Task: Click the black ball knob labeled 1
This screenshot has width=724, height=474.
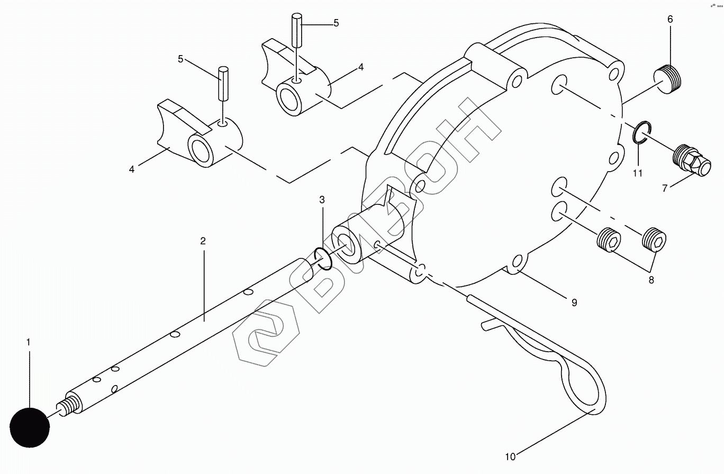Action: tap(29, 427)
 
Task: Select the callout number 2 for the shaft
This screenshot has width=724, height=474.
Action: tap(203, 241)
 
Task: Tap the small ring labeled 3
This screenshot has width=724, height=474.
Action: tap(322, 258)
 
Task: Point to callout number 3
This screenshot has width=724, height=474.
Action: tap(322, 200)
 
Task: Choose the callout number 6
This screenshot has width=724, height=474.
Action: tap(670, 20)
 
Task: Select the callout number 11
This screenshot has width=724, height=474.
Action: tap(638, 173)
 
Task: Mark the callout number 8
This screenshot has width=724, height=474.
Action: tap(651, 280)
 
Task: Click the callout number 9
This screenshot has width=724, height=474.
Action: tap(574, 302)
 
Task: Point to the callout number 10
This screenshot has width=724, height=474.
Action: tap(510, 456)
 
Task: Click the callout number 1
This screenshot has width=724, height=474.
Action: tap(29, 343)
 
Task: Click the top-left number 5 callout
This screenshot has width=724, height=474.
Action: tap(180, 59)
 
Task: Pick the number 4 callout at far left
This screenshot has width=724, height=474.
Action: tap(132, 169)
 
